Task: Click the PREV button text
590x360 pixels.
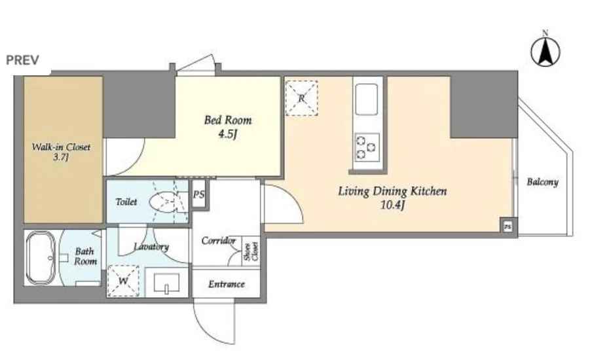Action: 22,60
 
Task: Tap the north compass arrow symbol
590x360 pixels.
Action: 545,52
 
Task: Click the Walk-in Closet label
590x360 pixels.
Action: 61,152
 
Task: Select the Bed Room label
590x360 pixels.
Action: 228,120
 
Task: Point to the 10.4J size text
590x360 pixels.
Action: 392,206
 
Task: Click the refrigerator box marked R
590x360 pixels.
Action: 301,98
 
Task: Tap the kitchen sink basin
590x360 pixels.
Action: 367,99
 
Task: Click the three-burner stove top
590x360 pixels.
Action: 367,147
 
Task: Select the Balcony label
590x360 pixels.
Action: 542,182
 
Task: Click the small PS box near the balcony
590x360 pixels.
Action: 508,227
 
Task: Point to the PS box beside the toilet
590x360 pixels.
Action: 198,194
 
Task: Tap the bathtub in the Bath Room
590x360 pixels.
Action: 40,258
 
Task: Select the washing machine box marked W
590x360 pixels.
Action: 123,281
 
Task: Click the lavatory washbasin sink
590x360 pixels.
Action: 166,283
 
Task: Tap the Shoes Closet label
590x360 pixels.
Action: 251,251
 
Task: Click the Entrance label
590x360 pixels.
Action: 227,284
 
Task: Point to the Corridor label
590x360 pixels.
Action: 219,241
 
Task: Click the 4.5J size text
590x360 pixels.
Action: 228,134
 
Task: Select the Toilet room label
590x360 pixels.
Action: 126,202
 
